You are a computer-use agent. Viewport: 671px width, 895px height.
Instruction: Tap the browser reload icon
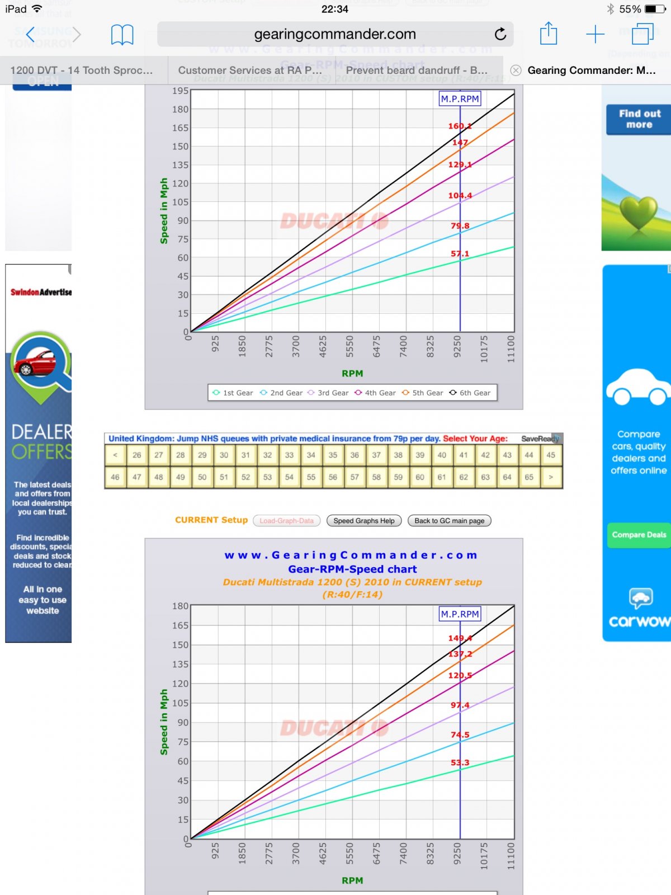[x=500, y=34]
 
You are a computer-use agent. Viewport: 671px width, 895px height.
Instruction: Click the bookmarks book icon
[x=122, y=35]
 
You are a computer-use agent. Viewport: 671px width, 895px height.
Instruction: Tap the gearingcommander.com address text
[x=335, y=34]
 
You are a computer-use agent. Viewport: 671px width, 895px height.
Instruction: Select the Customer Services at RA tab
[x=250, y=70]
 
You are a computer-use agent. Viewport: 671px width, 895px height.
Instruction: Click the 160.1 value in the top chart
[x=460, y=126]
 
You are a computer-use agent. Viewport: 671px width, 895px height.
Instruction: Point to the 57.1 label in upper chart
[x=460, y=253]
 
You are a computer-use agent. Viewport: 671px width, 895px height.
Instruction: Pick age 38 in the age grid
[x=398, y=455]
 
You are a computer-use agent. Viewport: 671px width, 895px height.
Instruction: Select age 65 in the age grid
[x=529, y=477]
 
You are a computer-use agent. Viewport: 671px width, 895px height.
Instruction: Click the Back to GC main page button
[x=450, y=521]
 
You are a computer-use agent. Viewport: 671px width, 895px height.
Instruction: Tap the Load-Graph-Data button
[x=286, y=521]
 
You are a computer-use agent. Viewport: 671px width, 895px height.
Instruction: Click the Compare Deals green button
[x=639, y=535]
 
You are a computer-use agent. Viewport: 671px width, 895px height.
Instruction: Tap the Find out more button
[x=639, y=119]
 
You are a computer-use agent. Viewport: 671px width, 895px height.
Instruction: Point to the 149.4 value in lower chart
[x=460, y=638]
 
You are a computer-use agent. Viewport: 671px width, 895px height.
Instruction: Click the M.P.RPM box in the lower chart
[x=460, y=614]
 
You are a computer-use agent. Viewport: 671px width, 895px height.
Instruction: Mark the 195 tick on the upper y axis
[x=180, y=91]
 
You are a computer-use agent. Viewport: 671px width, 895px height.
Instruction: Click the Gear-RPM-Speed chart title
[x=352, y=569]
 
